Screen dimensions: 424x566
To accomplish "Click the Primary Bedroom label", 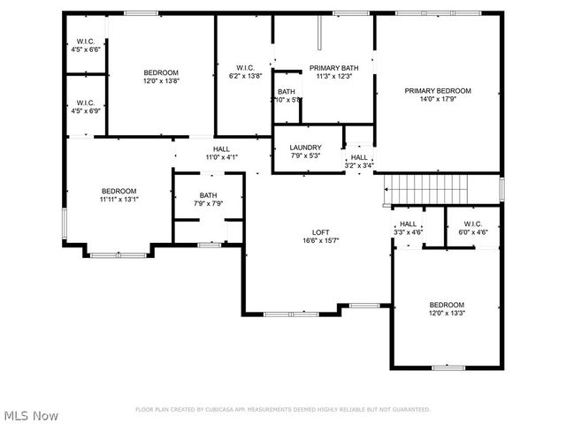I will tap(438, 90).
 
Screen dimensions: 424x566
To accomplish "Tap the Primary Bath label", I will tap(333, 68).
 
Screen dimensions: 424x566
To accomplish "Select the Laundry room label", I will tap(306, 148).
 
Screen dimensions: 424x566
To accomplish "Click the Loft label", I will tap(320, 231).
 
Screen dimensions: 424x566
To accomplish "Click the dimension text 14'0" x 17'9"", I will tap(438, 99).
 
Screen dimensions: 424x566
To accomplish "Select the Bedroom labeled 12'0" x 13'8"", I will tap(161, 72).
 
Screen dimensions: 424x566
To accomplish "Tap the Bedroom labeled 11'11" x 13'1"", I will tap(119, 191).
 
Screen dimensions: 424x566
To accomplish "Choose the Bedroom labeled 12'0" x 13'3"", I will tap(447, 304).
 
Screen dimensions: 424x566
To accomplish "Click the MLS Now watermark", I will tap(31, 415).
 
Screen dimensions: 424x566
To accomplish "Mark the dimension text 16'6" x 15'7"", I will tap(320, 240).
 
